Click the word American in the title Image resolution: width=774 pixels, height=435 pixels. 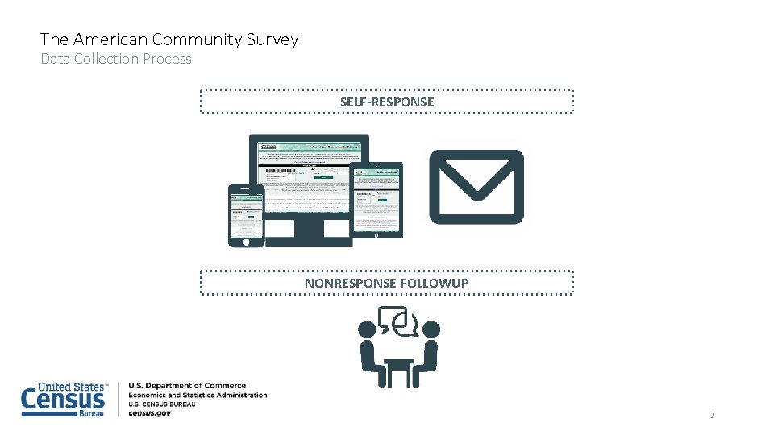pos(110,39)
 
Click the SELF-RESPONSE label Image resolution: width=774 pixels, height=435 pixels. pos(386,101)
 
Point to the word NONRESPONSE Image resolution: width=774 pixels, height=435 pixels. pos(350,283)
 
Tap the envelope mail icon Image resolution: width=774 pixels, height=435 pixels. pos(476,186)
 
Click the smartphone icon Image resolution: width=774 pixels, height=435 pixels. pos(246,215)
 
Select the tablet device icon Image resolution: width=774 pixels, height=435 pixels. pos(377,201)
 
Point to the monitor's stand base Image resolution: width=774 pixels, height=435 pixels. pos(309,239)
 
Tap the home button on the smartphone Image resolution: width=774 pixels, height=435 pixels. pos(246,240)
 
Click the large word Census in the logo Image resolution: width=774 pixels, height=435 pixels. pos(63,400)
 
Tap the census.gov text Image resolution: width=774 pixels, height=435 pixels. pos(150,413)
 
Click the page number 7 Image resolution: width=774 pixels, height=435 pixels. pos(712,414)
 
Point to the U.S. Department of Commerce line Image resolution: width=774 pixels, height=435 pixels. pos(187,386)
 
